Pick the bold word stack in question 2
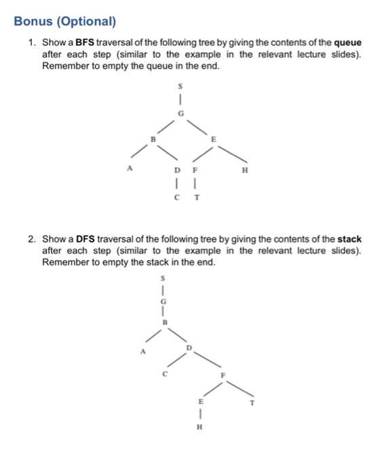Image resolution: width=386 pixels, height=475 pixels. [349, 240]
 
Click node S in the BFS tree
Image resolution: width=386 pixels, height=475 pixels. [180, 87]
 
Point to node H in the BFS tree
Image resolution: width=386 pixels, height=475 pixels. [244, 172]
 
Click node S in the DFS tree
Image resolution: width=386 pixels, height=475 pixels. [162, 278]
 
